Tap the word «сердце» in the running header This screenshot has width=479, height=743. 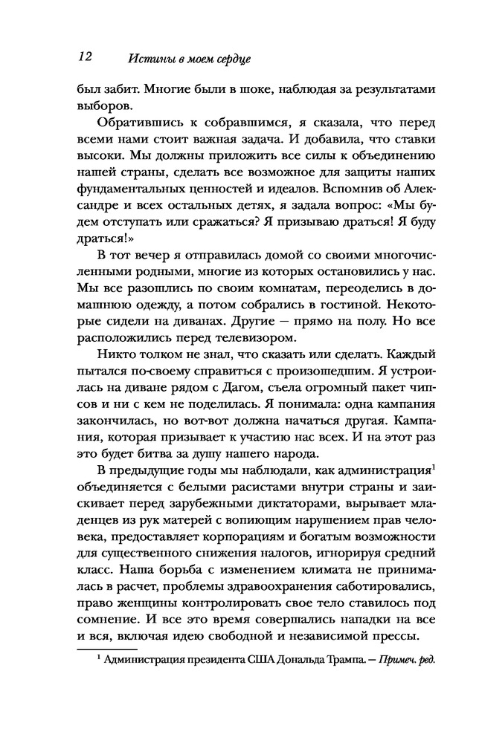[226, 58]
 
